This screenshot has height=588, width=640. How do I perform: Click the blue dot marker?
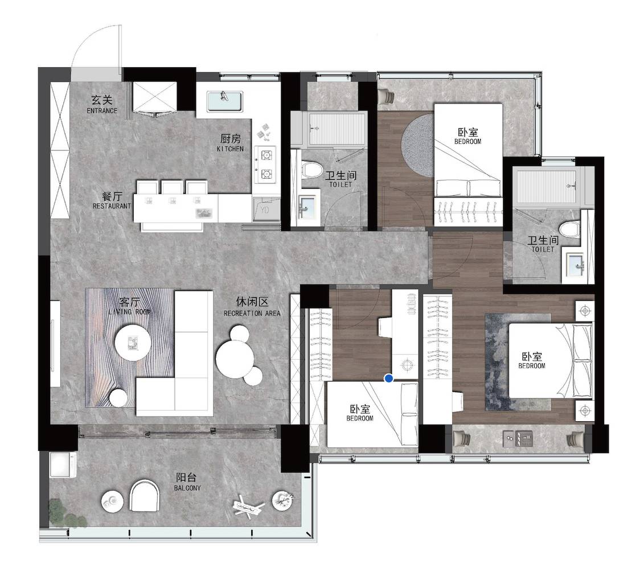click(389, 379)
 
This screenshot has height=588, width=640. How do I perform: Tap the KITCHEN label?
click(230, 149)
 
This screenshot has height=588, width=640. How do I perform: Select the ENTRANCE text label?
click(102, 110)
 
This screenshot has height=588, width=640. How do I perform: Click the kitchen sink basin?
click(224, 101)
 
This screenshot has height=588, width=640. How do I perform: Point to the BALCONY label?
click(187, 488)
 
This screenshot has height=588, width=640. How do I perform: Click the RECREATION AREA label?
click(252, 313)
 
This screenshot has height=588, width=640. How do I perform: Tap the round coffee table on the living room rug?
click(133, 342)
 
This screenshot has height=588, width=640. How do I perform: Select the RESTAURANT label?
click(112, 206)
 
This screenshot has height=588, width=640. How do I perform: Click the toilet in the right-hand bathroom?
click(569, 228)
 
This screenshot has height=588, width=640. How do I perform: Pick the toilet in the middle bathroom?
click(312, 169)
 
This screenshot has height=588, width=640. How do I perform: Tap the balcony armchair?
click(145, 495)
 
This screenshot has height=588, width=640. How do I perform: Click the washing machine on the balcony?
click(63, 464)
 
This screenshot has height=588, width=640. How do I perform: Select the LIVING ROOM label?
click(130, 312)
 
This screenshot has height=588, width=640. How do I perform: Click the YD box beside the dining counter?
click(265, 209)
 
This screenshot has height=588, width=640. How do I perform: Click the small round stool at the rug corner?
click(118, 398)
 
